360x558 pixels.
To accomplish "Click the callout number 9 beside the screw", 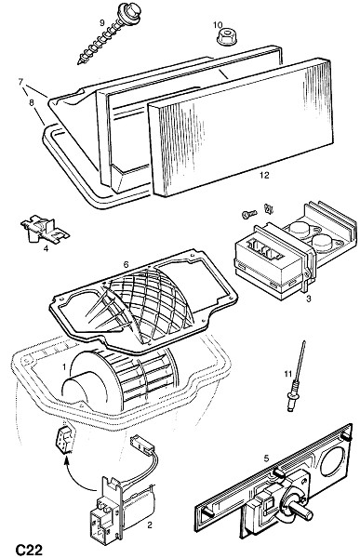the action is pos(101,23).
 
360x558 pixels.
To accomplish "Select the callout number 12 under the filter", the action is pos(264,175).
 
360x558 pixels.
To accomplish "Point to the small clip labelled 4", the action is pos(45,230).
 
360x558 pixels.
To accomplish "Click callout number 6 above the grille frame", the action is pos(126,265).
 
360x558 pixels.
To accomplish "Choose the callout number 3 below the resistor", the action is pos(308,299).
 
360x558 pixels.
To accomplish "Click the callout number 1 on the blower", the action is pos(64,366).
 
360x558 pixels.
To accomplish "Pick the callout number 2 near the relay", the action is pos(150,525).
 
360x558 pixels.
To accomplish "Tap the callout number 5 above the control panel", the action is pos(267,458).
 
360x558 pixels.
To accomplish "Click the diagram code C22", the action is pos(29,550).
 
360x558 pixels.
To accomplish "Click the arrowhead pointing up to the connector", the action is pos(66,462).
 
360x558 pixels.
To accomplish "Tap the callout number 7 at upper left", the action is pos(20,82).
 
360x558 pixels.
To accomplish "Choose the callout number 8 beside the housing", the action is pos(32,103).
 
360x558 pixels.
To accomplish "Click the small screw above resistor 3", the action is pos(248,214).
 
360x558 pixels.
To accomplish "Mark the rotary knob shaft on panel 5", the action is pos(302,512).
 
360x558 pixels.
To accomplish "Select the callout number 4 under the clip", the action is pos(46,248).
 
